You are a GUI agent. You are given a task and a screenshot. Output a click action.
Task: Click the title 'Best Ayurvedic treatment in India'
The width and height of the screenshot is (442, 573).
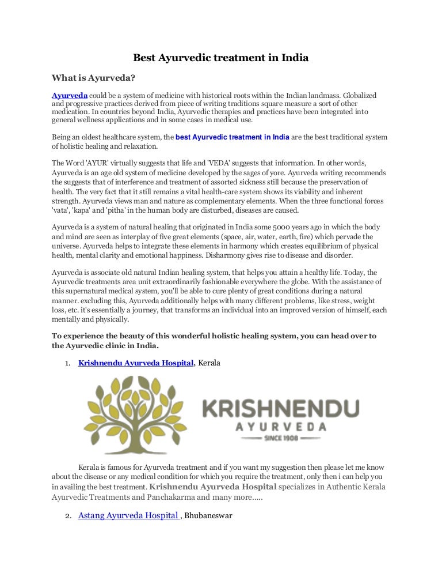coord(221,58)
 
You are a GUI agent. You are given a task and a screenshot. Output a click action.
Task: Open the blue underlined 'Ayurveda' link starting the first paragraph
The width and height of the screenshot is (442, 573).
coord(70,95)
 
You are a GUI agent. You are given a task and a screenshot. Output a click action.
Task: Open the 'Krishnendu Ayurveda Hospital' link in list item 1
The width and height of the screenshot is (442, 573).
coord(136,363)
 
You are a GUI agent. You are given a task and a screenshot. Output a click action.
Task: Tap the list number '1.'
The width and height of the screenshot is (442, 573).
coord(67,363)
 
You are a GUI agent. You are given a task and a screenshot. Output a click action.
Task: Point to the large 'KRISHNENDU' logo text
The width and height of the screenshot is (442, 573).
coord(280,410)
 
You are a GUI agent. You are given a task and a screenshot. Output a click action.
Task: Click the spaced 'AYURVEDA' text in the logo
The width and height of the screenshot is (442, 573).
coord(280,427)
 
